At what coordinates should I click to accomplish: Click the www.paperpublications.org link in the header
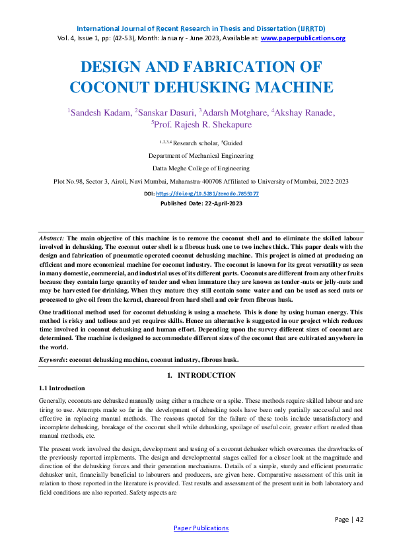pyautogui.click(x=303, y=38)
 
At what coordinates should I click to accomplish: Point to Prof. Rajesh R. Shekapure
pyautogui.click(x=197, y=123)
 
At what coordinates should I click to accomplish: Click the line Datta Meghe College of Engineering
pyautogui.click(x=196, y=168)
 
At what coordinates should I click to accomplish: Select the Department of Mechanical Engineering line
pyautogui.click(x=196, y=156)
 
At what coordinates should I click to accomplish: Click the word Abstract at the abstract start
pyautogui.click(x=52, y=236)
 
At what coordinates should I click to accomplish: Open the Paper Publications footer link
pyautogui.click(x=201, y=528)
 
